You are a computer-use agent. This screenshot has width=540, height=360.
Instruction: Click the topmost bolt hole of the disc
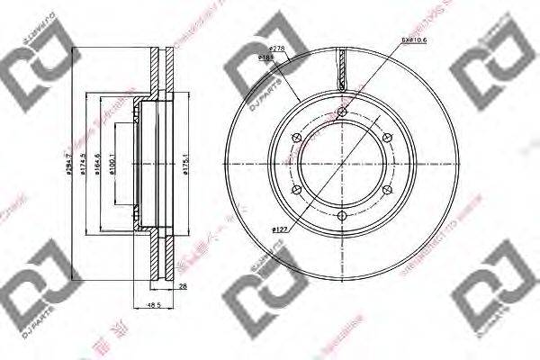pos(342,111)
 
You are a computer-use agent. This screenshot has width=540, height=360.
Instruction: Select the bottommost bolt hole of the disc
pos(342,215)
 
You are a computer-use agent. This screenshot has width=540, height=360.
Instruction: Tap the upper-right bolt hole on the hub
pos(387,137)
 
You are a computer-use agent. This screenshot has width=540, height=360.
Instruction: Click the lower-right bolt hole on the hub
pos(387,189)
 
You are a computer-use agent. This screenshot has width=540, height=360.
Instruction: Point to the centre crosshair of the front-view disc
pos(342,163)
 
